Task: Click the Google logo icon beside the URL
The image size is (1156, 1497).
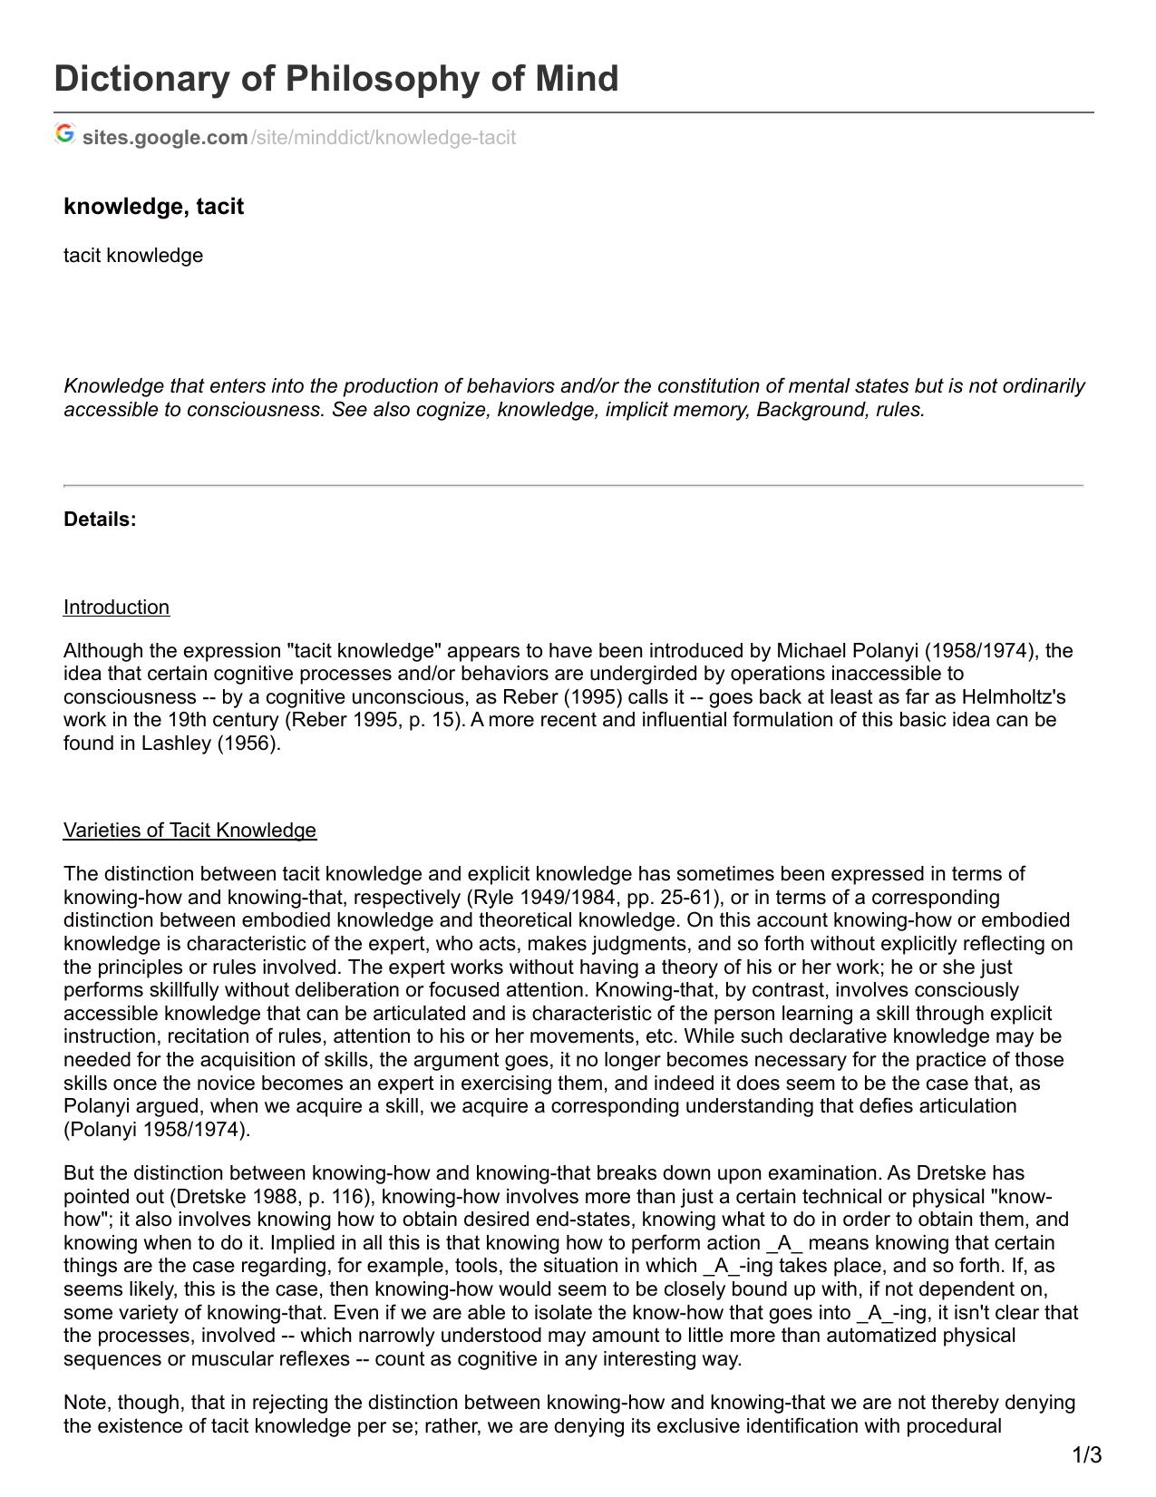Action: pos(64,134)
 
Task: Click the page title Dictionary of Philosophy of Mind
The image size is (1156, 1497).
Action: pos(336,79)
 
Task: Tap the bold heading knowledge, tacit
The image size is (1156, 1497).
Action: pos(153,207)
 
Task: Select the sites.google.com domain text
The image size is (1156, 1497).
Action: pos(165,138)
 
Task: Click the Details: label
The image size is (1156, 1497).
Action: pos(100,520)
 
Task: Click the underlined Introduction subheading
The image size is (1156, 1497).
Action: pos(116,608)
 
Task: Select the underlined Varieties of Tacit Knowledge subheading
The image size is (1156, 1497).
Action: pos(189,831)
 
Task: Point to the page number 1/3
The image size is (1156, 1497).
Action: pos(1087,1456)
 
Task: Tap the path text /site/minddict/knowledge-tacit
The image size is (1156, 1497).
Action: pos(383,138)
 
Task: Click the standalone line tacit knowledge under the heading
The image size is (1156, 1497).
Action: pos(133,256)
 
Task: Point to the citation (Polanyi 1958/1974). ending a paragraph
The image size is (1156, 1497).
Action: pos(156,1130)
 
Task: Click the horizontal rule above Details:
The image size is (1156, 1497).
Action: pos(573,486)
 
